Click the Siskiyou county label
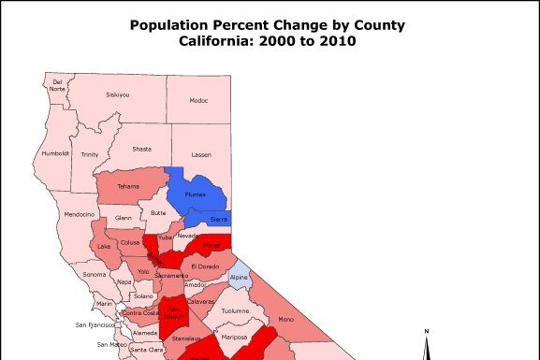point(118,94)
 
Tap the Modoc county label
point(198,100)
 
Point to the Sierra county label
point(217,219)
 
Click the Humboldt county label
point(56,152)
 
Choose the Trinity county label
point(90,154)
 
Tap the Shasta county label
point(141,149)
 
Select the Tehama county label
point(127,186)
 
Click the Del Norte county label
point(57,85)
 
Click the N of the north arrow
point(426,331)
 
